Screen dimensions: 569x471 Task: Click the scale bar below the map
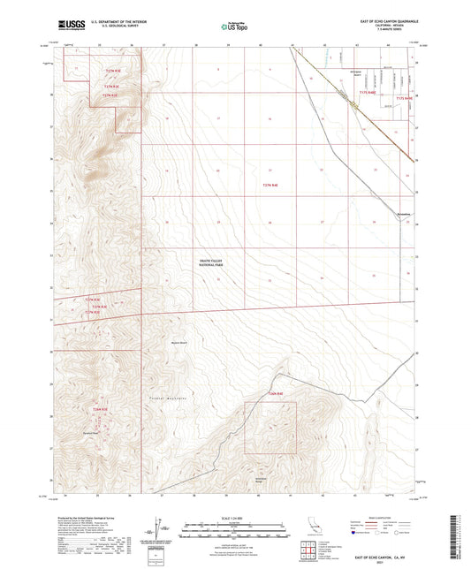(234, 522)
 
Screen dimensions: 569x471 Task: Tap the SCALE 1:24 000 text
(234, 516)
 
